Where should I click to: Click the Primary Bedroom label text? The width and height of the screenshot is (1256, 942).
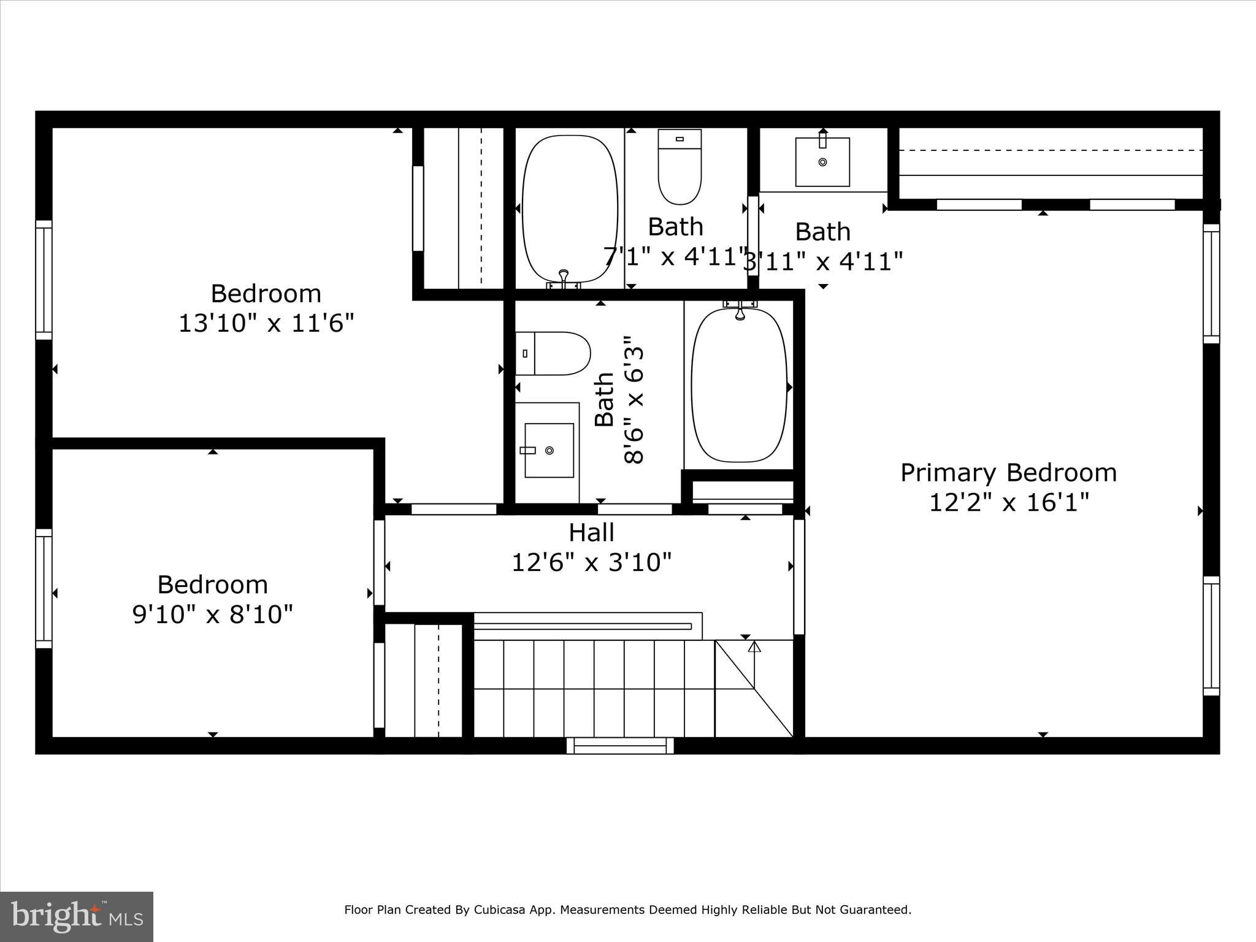1008,473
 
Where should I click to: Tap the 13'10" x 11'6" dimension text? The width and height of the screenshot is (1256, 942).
266,323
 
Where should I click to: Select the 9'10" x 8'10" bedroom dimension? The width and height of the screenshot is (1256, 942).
213,613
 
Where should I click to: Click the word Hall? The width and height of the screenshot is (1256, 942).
591,532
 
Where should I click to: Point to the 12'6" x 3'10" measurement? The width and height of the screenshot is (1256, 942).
591,562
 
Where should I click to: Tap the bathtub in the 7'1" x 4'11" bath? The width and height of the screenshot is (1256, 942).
570,209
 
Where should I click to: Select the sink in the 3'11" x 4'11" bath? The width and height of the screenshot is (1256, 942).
822,162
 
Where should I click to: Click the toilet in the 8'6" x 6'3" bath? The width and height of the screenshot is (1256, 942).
553,354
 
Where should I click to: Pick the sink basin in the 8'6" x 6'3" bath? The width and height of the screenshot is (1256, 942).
549,450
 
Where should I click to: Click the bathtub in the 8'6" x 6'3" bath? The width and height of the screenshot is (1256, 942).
739,385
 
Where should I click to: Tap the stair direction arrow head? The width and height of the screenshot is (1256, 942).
754,646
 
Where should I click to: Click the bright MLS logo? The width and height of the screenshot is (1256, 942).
77,916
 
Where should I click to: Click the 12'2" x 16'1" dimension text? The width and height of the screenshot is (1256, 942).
1008,503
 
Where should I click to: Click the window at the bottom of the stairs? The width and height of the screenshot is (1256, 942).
620,746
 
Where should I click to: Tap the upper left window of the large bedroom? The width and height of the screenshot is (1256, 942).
44,279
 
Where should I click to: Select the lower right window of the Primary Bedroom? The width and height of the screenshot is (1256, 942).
1211,635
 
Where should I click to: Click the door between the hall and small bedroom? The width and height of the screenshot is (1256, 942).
380,562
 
